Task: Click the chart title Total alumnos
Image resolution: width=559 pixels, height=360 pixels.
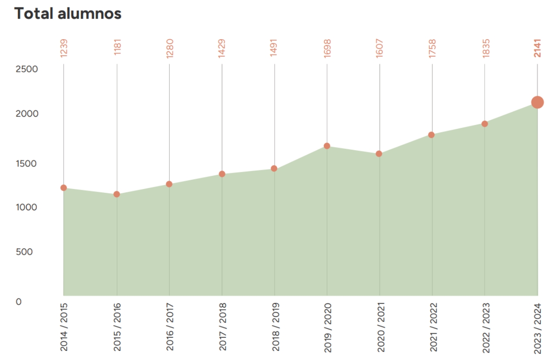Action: pyautogui.click(x=68, y=13)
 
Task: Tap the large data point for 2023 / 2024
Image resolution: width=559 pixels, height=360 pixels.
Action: pyautogui.click(x=537, y=102)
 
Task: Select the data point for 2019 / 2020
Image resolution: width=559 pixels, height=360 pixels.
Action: pyautogui.click(x=327, y=146)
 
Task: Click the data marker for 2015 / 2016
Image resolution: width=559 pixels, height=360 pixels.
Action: pyautogui.click(x=117, y=194)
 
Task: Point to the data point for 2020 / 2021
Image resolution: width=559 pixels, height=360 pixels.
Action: pyautogui.click(x=379, y=154)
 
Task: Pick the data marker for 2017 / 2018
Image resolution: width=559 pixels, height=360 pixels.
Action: pyautogui.click(x=222, y=174)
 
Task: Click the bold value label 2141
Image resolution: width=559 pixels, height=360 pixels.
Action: pyautogui.click(x=537, y=48)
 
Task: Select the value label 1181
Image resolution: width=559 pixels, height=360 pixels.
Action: pyautogui.click(x=117, y=48)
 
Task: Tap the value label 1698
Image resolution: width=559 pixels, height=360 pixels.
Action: pyautogui.click(x=327, y=48)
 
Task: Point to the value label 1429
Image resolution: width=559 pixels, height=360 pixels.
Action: pyautogui.click(x=222, y=48)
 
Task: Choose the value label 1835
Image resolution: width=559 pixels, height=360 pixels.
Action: pyautogui.click(x=485, y=48)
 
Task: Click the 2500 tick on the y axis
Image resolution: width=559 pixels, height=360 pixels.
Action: pyautogui.click(x=27, y=69)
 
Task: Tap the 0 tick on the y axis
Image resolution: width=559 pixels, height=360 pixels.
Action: pyautogui.click(x=19, y=301)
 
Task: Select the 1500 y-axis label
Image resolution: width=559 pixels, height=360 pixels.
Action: pyautogui.click(x=27, y=163)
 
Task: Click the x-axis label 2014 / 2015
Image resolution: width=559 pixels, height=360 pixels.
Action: pyautogui.click(x=64, y=327)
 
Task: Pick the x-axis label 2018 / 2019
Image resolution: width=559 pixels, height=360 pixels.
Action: pyautogui.click(x=275, y=327)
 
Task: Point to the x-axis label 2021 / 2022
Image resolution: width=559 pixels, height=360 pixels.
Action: pyautogui.click(x=432, y=327)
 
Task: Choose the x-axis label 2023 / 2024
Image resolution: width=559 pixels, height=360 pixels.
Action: pyautogui.click(x=538, y=327)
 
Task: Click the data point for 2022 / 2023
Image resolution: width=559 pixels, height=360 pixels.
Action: pyautogui.click(x=485, y=124)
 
